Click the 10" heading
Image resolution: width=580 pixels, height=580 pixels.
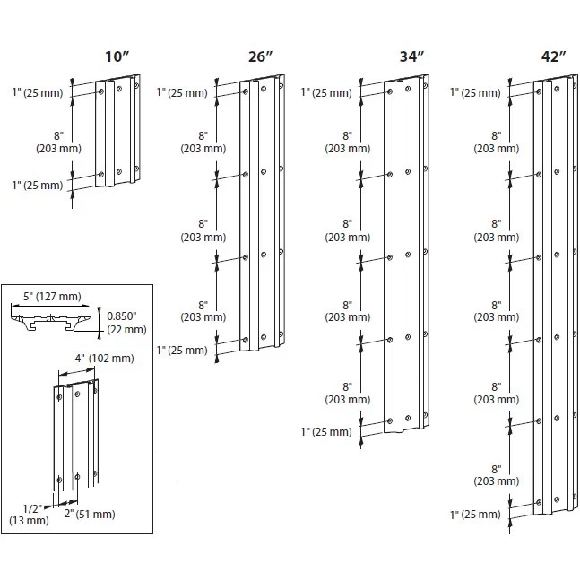coord(117,56)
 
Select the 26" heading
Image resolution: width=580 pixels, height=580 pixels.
coord(260,56)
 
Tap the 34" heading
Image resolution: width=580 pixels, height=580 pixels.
coord(411,56)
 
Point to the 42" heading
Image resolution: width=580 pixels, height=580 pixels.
coord(554,56)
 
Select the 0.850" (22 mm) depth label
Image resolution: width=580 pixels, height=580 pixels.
coord(123,323)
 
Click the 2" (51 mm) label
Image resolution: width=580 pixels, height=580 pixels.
coord(90,515)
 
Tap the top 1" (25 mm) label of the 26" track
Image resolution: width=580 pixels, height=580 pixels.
coord(182,92)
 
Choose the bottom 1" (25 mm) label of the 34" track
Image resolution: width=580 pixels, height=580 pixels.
coord(327,431)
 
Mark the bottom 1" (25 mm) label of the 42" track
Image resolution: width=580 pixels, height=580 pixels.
coord(475,515)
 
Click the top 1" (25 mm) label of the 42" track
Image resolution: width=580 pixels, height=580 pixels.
coord(475,92)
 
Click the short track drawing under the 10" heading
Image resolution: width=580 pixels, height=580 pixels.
coord(118,132)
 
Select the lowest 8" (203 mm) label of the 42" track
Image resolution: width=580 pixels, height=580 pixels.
coord(495,474)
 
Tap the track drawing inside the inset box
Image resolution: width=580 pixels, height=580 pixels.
coord(76,436)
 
